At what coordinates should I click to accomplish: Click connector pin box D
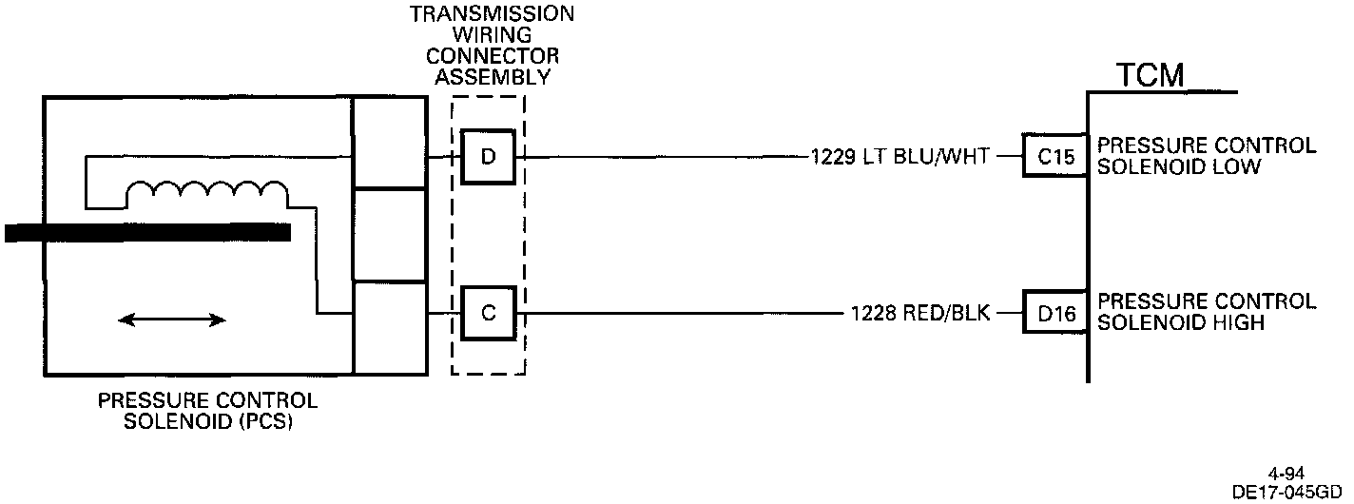point(488,157)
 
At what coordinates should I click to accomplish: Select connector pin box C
point(488,312)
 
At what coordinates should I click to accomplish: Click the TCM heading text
point(1150,75)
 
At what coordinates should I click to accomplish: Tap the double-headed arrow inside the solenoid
point(172,320)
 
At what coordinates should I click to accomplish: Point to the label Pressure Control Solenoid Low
point(1206,156)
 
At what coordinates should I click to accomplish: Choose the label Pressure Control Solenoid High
point(1206,312)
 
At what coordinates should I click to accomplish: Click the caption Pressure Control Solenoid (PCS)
point(207,411)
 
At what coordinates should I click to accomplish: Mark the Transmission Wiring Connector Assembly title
point(492,46)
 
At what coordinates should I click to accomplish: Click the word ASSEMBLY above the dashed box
point(493,78)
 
